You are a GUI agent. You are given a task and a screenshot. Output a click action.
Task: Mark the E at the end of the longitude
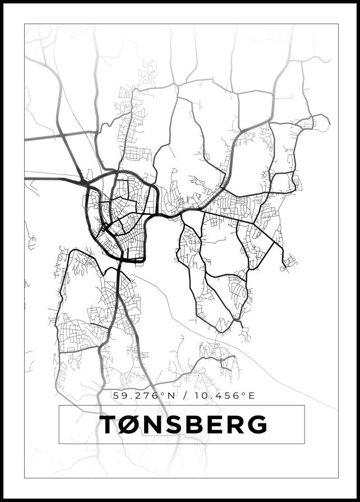[251, 396]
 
